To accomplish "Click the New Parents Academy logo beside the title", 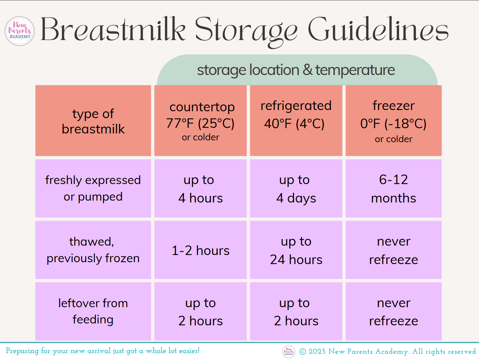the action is (20, 31).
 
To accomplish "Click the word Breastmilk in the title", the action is (113, 29).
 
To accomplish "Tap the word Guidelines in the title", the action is (378, 29).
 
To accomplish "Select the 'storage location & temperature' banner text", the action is (296, 70).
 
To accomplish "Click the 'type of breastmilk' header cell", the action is (93, 121).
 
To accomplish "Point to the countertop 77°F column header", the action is (200, 121).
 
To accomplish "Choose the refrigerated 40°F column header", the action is (296, 121).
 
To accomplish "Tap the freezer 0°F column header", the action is (393, 121).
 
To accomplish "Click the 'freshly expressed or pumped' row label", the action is (93, 188).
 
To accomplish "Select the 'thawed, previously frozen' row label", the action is (93, 250).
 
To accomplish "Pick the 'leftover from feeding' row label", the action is (93, 311).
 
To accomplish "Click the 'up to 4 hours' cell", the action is (200, 188).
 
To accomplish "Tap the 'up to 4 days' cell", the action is (296, 188).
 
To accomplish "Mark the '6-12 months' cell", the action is (393, 188).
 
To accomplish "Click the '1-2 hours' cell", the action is (200, 250).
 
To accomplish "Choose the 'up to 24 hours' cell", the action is (296, 250).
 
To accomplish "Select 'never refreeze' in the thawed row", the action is (393, 250).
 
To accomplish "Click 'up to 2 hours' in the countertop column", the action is (200, 311).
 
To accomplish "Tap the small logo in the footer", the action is (289, 352).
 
